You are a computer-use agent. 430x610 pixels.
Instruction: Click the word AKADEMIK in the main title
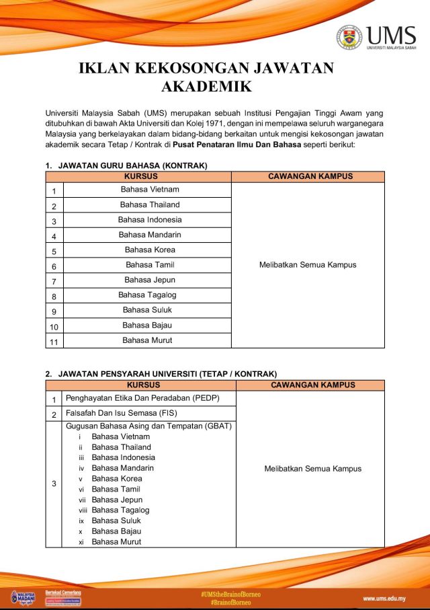[x=206, y=87]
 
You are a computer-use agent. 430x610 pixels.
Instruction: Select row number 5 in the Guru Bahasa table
[x=54, y=252]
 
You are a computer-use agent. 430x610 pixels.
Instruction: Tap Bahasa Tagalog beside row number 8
[x=147, y=295]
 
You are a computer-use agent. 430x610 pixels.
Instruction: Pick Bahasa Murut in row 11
[x=147, y=340]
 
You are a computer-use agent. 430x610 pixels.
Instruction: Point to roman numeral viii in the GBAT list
[x=81, y=510]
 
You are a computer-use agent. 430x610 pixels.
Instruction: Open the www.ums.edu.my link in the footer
[x=386, y=599]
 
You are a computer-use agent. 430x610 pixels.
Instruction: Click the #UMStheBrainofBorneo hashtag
[x=230, y=595]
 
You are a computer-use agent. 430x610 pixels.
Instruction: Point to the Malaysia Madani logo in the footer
[x=23, y=598]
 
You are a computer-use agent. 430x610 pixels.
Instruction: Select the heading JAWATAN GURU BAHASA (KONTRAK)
[x=132, y=165]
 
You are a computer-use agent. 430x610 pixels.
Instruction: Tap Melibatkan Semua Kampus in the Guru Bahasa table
[x=308, y=265]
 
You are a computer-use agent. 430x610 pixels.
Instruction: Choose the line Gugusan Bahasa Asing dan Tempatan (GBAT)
[x=148, y=426]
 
